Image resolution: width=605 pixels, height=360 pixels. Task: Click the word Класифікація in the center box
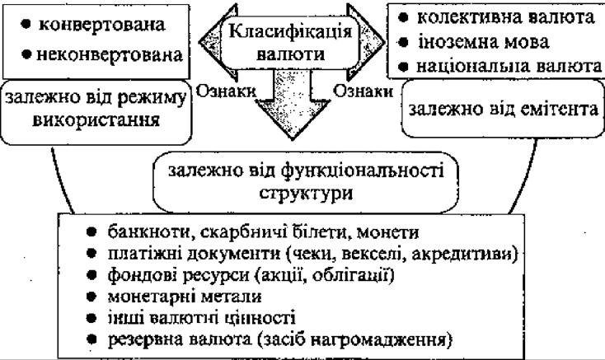tap(290, 31)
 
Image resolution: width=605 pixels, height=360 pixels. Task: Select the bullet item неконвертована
tap(102, 55)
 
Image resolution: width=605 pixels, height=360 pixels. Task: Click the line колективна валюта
tap(497, 17)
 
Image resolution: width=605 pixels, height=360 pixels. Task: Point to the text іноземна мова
tap(474, 42)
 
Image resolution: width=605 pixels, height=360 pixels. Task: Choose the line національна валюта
tap(500, 66)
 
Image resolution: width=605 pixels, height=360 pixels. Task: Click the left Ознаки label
tap(226, 91)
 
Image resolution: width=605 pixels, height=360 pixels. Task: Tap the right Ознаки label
tap(363, 91)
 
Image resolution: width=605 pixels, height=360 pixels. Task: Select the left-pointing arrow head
tap(211, 42)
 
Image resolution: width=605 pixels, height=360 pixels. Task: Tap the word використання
tap(96, 120)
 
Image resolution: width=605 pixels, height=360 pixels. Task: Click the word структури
tap(306, 193)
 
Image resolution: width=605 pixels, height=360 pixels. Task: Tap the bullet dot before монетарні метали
tap(91, 297)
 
